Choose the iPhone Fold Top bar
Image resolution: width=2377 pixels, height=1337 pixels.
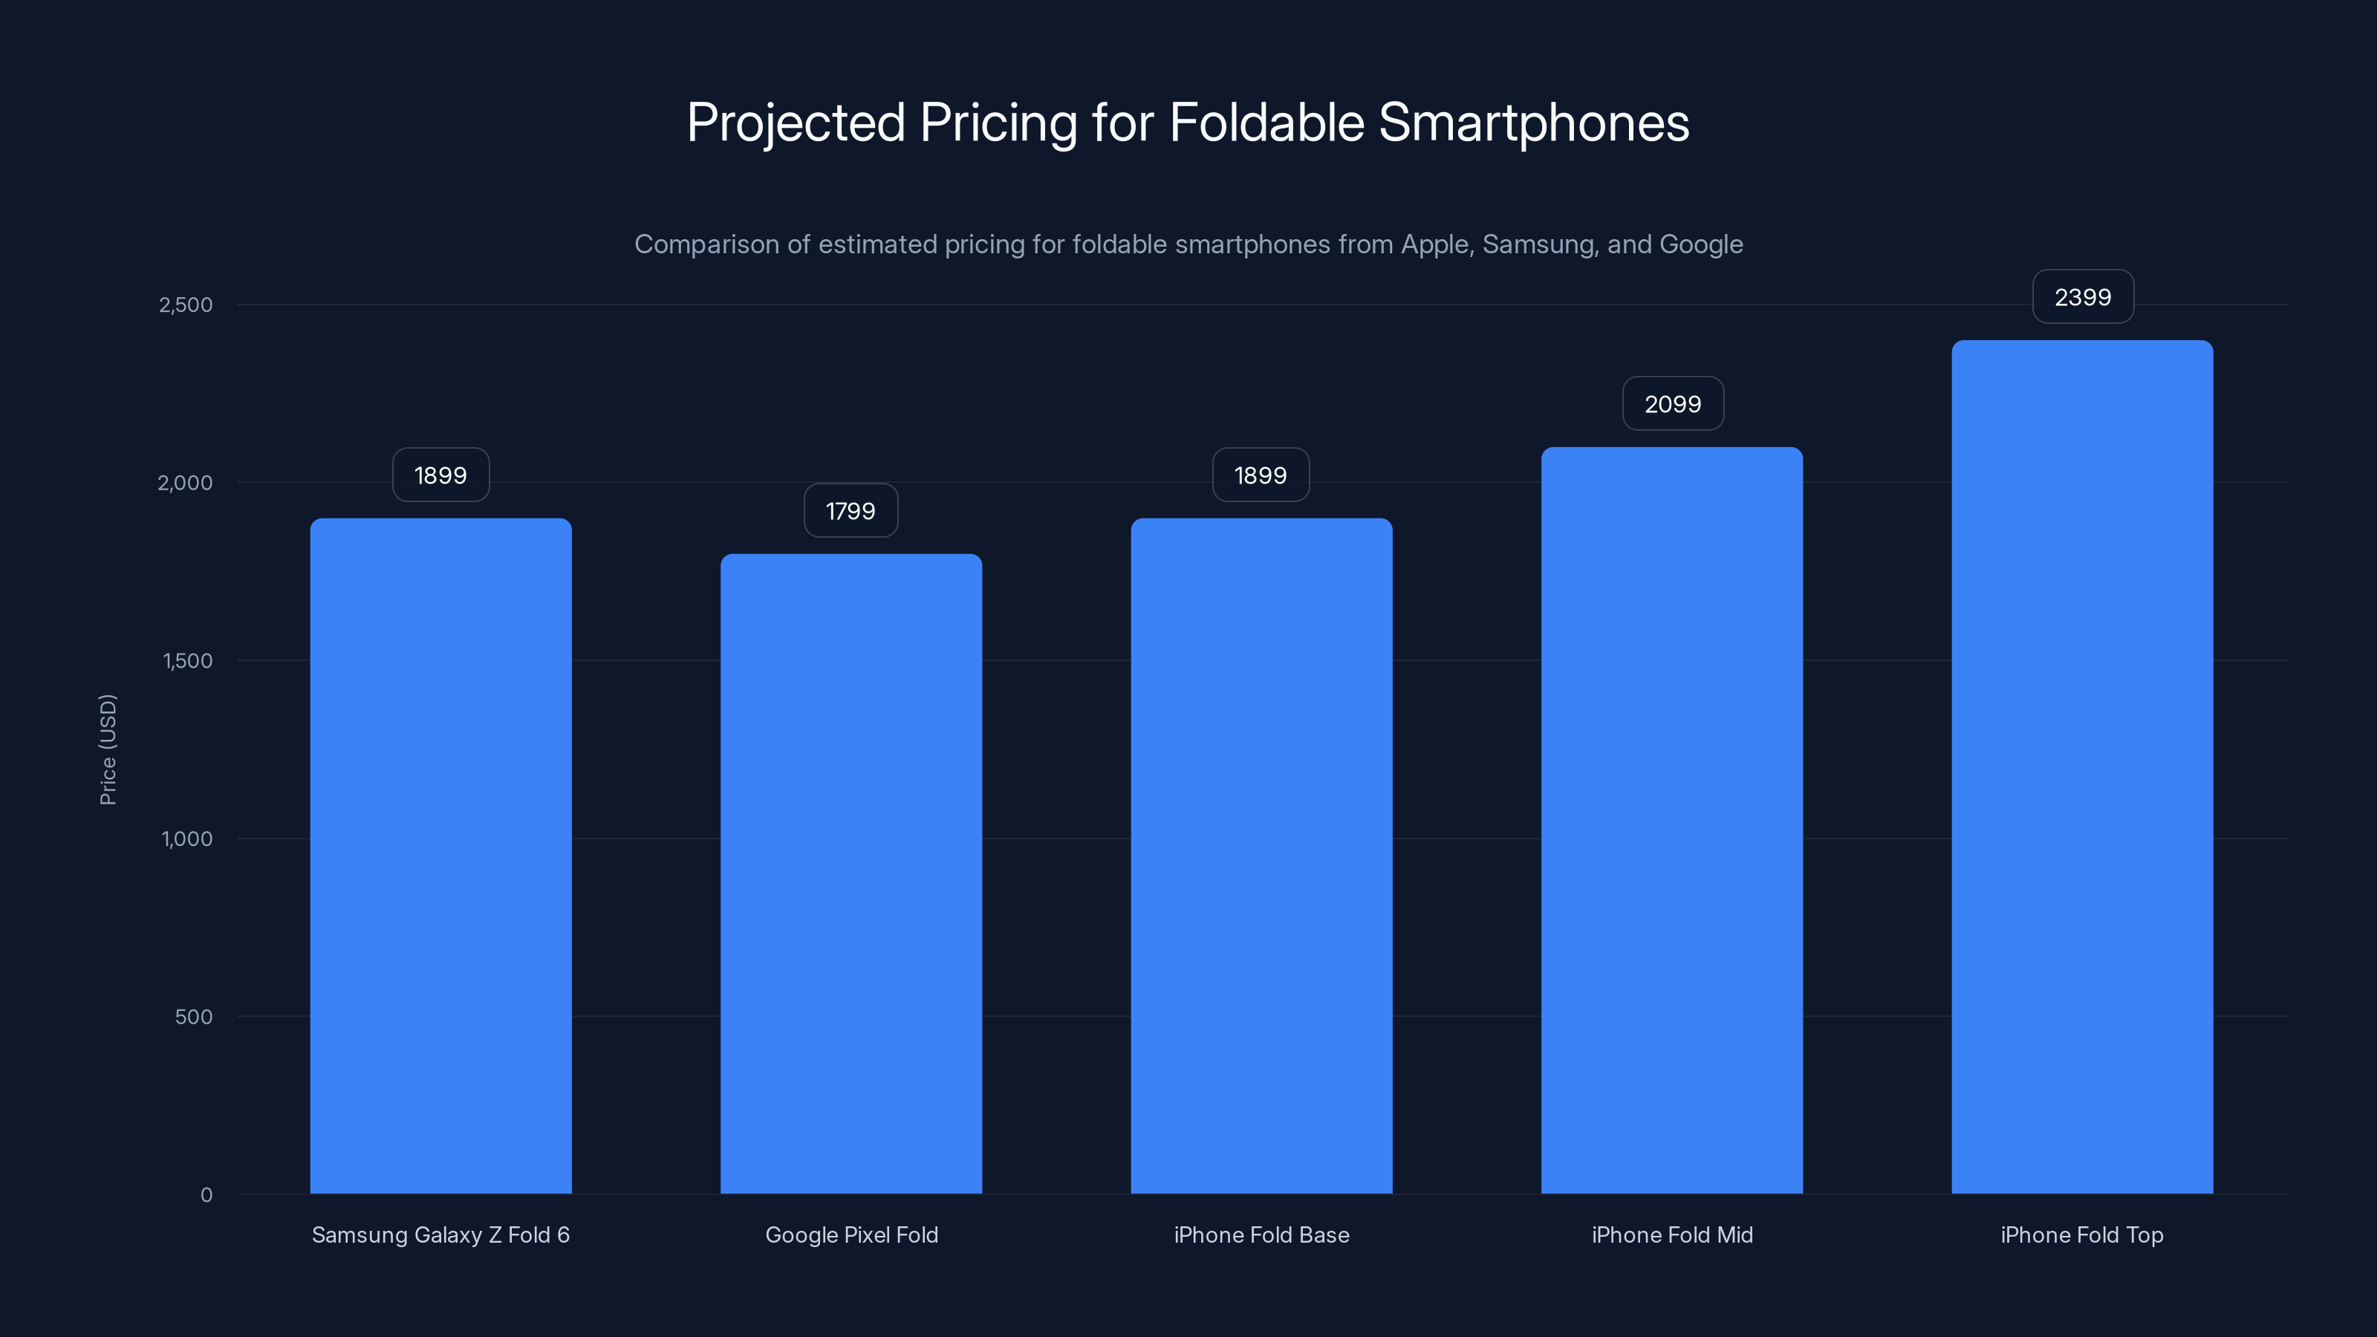(x=2081, y=766)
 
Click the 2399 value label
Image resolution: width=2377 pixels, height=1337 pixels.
(x=2083, y=297)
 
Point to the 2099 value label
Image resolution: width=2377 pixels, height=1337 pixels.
(x=1672, y=404)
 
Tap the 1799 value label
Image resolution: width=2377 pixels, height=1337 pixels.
(x=850, y=511)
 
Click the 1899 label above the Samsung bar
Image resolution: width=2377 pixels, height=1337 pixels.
(x=440, y=475)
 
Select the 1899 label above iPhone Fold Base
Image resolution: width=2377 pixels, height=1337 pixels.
(x=1261, y=475)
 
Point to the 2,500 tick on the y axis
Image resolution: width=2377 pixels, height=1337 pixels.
(x=186, y=305)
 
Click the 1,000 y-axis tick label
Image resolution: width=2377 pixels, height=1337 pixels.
(x=186, y=839)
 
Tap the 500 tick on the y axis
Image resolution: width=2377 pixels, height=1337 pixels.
(x=194, y=1017)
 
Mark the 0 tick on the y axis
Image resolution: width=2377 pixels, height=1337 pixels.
(x=207, y=1195)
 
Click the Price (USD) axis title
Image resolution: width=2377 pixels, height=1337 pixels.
(x=108, y=749)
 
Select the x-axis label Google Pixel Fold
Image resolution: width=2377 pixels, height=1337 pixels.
(x=851, y=1234)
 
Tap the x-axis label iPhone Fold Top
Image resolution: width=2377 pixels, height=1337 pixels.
(x=2081, y=1234)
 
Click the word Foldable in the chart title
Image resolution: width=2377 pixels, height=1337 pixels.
(x=1266, y=122)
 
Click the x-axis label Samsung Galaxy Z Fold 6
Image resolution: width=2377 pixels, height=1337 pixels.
(x=440, y=1234)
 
